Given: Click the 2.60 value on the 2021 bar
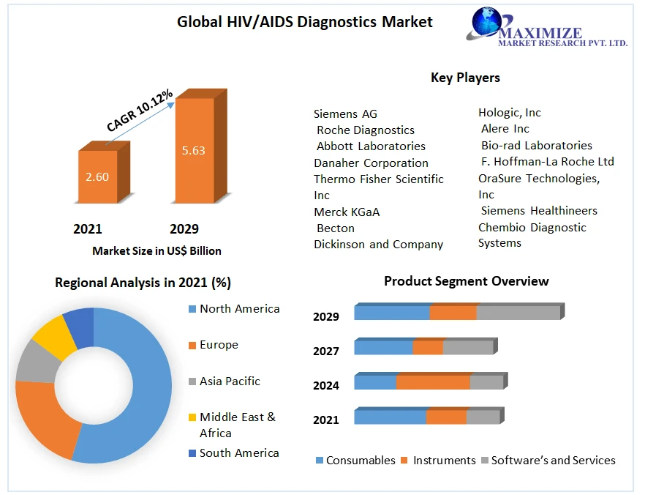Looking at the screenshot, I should pos(97,176).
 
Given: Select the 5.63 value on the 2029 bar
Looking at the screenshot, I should pos(193,151).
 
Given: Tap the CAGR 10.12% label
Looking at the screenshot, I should pos(140,111).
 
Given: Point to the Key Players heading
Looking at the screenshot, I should pos(465,77).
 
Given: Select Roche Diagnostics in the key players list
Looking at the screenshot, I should pos(365,130).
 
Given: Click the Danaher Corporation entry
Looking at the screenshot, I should pos(371,163).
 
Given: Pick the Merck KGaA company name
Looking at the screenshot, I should pos(347,212).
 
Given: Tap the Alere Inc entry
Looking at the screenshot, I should pos(505,129).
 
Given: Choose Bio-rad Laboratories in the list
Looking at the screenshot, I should pos(536,145).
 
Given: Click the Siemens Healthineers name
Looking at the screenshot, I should pos(538,211).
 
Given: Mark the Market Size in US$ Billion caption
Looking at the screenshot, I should pos(156,250).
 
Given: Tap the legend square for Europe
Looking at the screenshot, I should pos(192,345).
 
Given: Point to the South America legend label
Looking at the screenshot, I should pos(239,453).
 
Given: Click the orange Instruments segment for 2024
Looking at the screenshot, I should pos(433,382).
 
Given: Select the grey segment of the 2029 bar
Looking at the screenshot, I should pos(518,313).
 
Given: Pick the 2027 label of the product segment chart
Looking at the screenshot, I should pos(326,351).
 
